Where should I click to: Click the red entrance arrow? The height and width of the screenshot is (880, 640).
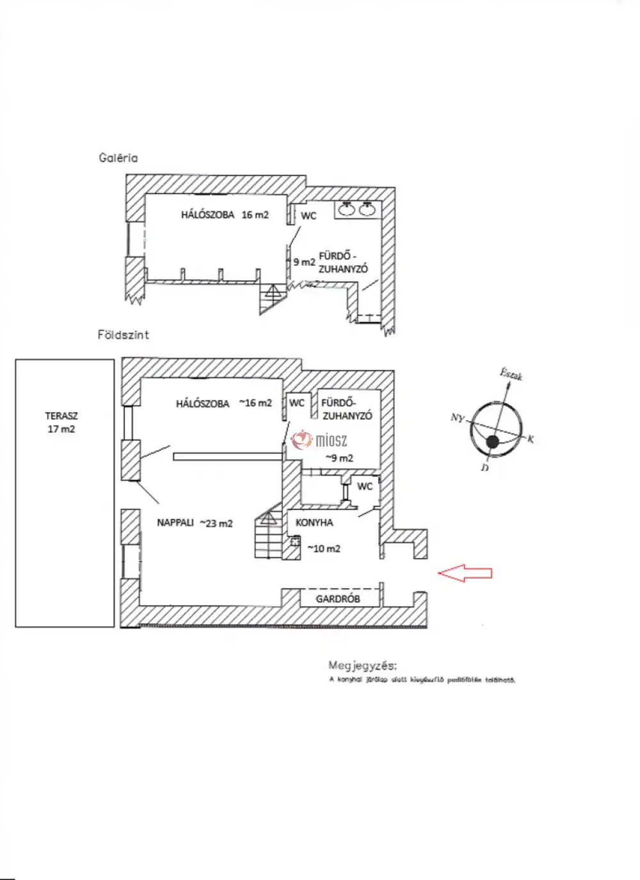(465, 573)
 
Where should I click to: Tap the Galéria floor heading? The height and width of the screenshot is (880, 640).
(118, 157)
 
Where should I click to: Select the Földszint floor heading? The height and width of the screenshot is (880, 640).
(124, 335)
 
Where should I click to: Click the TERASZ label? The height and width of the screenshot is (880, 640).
(61, 416)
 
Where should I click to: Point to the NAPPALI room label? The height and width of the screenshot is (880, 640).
(175, 523)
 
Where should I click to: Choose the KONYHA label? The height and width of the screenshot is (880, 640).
(314, 523)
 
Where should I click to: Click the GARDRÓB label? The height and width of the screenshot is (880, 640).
(338, 599)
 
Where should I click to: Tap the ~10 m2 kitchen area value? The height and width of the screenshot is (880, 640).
(324, 548)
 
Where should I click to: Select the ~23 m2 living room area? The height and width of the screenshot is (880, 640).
(216, 524)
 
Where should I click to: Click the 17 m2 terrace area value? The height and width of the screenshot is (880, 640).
(61, 429)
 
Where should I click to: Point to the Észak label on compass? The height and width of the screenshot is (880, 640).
(511, 374)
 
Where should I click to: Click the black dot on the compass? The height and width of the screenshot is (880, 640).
(492, 442)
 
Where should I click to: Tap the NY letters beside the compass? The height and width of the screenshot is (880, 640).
(457, 418)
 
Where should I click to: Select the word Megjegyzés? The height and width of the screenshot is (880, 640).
(362, 666)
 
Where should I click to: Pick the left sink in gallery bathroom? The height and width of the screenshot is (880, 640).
(347, 209)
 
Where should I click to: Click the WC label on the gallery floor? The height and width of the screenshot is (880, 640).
(308, 216)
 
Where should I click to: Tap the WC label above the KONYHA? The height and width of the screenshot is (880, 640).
(365, 486)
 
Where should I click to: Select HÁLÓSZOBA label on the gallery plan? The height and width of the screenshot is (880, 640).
(207, 215)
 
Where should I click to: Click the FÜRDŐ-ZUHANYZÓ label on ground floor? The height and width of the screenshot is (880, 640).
(346, 409)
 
